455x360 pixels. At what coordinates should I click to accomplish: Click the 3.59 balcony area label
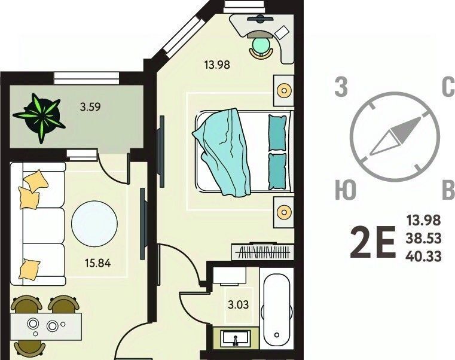[90, 107]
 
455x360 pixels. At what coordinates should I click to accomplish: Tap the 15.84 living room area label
[98, 263]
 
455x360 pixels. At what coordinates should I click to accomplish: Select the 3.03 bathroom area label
[238, 305]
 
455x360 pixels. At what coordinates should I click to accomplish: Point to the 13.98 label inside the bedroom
[217, 65]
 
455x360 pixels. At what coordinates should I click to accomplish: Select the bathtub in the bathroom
[277, 309]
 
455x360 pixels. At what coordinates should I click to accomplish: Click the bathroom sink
[236, 338]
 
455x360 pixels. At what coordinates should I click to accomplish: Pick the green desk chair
[261, 47]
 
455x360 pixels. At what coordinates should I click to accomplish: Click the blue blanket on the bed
[221, 151]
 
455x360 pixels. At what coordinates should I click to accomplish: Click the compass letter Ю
[346, 190]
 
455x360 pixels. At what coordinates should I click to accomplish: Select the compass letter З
[341, 87]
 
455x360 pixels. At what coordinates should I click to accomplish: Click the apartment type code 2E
[373, 242]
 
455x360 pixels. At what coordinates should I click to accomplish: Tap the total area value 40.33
[424, 257]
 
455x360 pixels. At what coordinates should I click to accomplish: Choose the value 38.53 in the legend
[424, 239]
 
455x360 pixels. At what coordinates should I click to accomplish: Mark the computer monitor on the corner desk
[260, 19]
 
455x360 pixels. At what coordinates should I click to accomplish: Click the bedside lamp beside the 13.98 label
[284, 90]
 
